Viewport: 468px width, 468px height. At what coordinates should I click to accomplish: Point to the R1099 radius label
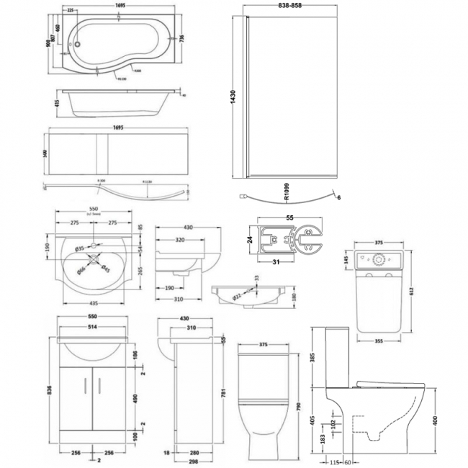tap(287, 192)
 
